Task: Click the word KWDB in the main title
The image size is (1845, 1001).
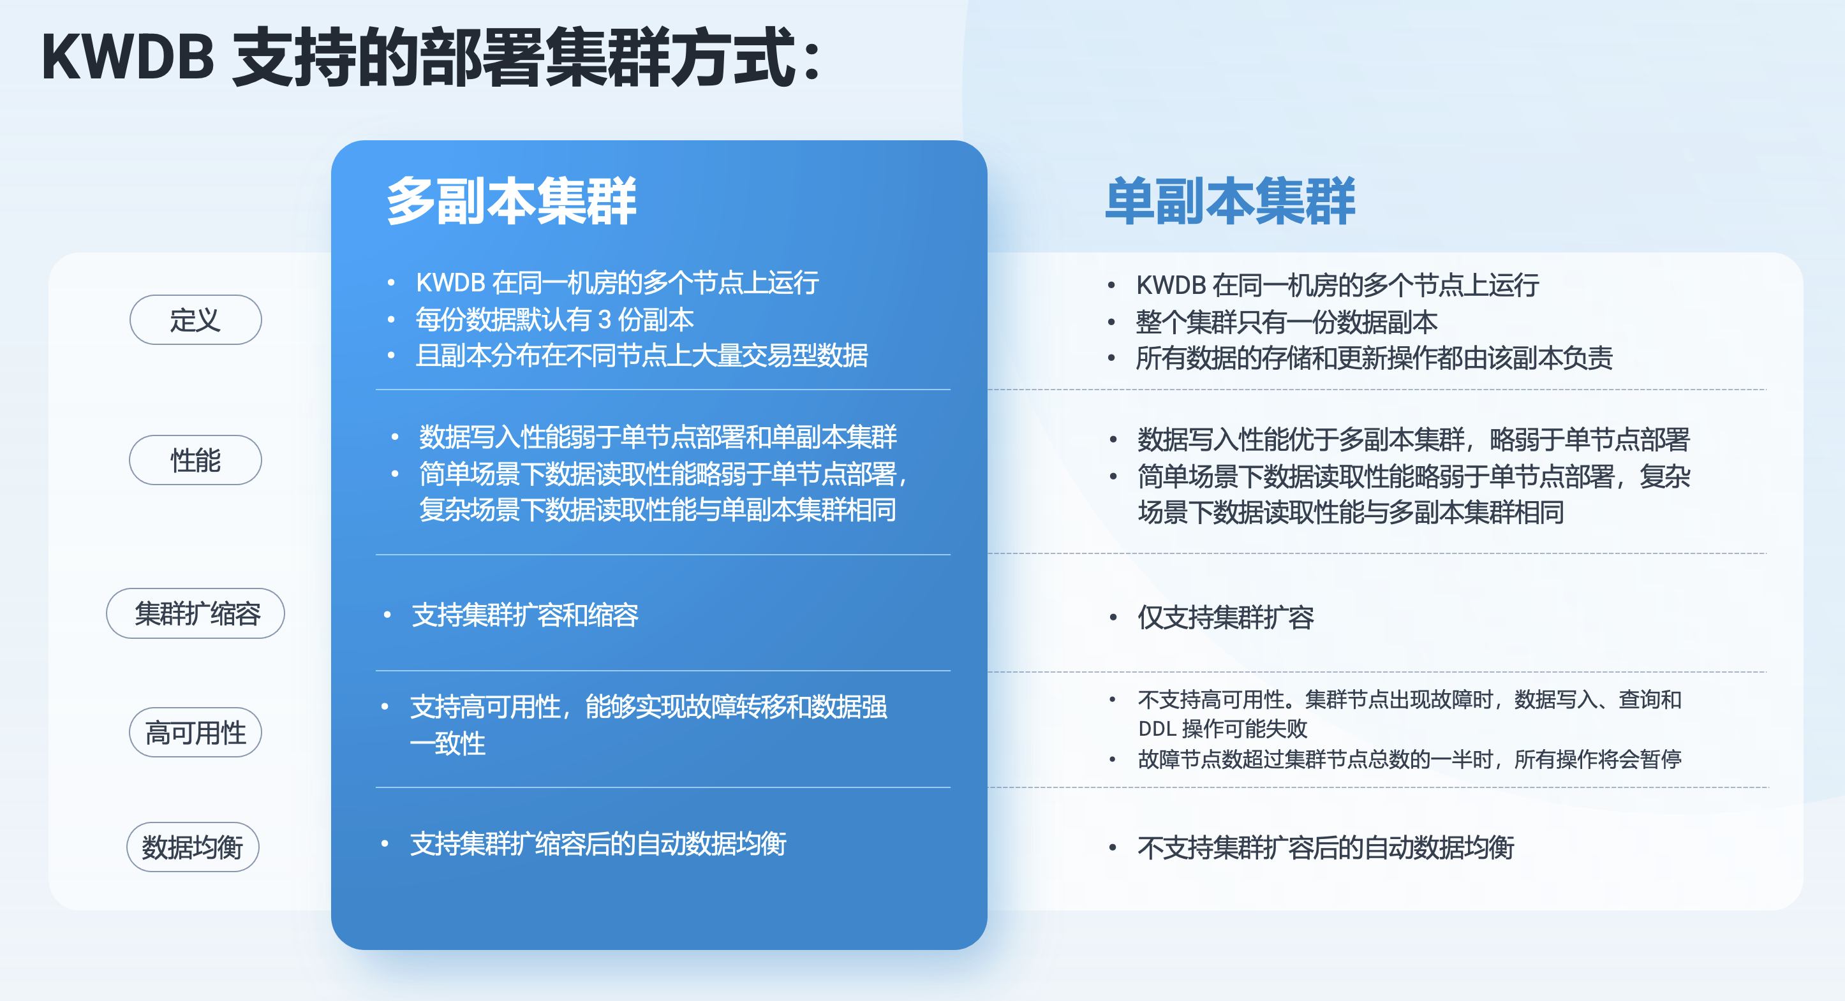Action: (128, 57)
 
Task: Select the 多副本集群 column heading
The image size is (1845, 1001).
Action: (512, 201)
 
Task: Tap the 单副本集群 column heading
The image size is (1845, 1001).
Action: (1230, 201)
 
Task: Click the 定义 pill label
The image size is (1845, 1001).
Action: (195, 320)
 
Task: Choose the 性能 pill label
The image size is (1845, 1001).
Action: (195, 460)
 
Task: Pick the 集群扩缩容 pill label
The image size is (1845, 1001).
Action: (195, 613)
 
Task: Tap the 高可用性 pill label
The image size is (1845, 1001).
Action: (195, 733)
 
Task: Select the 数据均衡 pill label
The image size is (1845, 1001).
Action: (193, 847)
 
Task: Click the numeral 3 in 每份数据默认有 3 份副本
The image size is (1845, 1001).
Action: (605, 319)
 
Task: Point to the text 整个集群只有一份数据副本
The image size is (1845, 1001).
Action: (1286, 322)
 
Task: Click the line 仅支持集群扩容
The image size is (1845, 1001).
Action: (1226, 617)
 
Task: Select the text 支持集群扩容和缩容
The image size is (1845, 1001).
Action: (525, 615)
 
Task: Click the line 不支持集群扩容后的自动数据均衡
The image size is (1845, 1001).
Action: (1326, 848)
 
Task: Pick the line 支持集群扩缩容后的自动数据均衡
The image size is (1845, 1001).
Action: (598, 844)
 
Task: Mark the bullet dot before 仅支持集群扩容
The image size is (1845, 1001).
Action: (1113, 617)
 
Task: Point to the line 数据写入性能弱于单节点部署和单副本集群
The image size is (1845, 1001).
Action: (658, 437)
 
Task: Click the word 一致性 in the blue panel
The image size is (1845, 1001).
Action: (448, 744)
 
